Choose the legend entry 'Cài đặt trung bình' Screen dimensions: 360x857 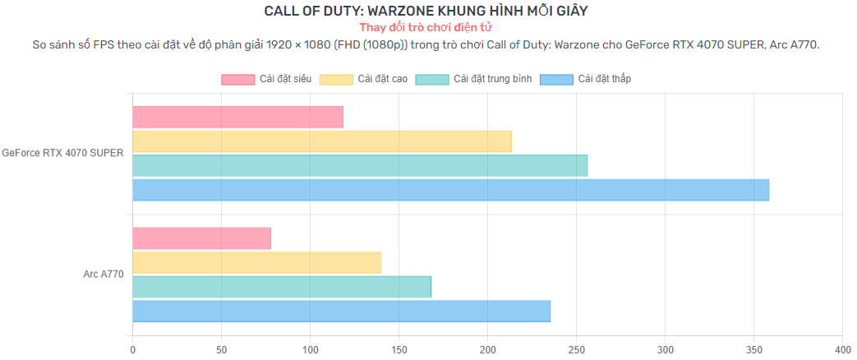point(473,79)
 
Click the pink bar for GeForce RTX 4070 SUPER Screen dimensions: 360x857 point(237,118)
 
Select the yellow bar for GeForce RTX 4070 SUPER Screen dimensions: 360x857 point(321,141)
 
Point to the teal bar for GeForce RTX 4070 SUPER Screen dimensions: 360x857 point(359,165)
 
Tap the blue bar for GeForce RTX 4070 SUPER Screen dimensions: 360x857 point(450,190)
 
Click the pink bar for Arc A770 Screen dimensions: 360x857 point(201,238)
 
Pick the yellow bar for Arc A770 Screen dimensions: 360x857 point(256,263)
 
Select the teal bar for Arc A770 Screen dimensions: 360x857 point(281,287)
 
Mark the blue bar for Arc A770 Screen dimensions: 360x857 point(341,312)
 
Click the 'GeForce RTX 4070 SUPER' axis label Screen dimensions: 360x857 point(62,152)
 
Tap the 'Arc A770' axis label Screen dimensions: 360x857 point(104,274)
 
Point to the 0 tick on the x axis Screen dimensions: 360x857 point(132,349)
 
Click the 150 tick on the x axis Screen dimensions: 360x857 point(399,349)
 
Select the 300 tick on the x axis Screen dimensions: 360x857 point(665,349)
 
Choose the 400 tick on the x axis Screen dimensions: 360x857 point(841,349)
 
